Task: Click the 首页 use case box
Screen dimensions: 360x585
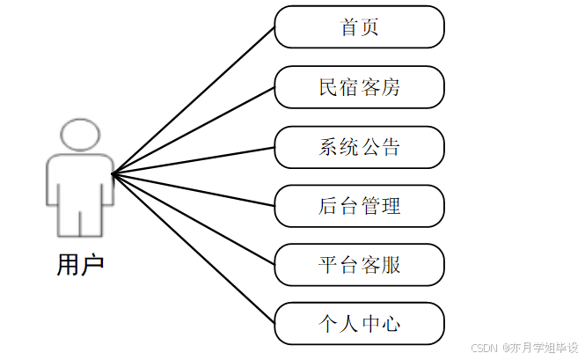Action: coord(359,27)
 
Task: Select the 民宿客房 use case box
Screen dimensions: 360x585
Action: coord(359,87)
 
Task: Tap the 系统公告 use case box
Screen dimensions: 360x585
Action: coord(359,147)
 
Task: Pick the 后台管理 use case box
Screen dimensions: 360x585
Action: coord(359,206)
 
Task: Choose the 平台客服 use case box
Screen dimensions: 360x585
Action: coord(359,265)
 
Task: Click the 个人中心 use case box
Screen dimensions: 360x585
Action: coord(359,324)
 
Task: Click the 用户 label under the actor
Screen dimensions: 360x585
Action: coord(80,264)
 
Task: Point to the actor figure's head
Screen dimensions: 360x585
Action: coord(79,136)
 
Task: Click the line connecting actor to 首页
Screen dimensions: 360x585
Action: coord(194,100)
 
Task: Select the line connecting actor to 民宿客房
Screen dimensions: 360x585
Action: coord(194,130)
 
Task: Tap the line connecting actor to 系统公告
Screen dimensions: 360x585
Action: coord(194,160)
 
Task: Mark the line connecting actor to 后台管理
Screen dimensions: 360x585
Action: coord(194,190)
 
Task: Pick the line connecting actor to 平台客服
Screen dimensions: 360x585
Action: coord(194,219)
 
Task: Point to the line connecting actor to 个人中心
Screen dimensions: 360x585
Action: coord(194,249)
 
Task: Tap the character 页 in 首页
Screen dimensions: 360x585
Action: coord(370,27)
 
